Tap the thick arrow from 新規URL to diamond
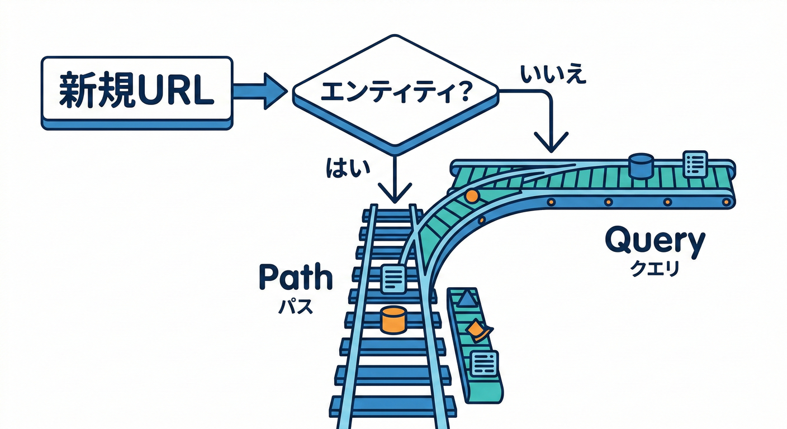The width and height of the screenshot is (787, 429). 260,90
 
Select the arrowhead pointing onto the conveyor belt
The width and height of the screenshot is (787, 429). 551,143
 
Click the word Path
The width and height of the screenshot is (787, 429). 296,278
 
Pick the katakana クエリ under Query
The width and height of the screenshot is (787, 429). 655,269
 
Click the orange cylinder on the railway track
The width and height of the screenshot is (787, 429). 393,320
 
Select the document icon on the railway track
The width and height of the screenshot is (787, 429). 393,278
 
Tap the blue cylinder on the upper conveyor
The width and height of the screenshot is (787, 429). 641,165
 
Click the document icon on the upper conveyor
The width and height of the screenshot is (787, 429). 695,163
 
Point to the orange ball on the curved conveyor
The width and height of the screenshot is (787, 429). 471,196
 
